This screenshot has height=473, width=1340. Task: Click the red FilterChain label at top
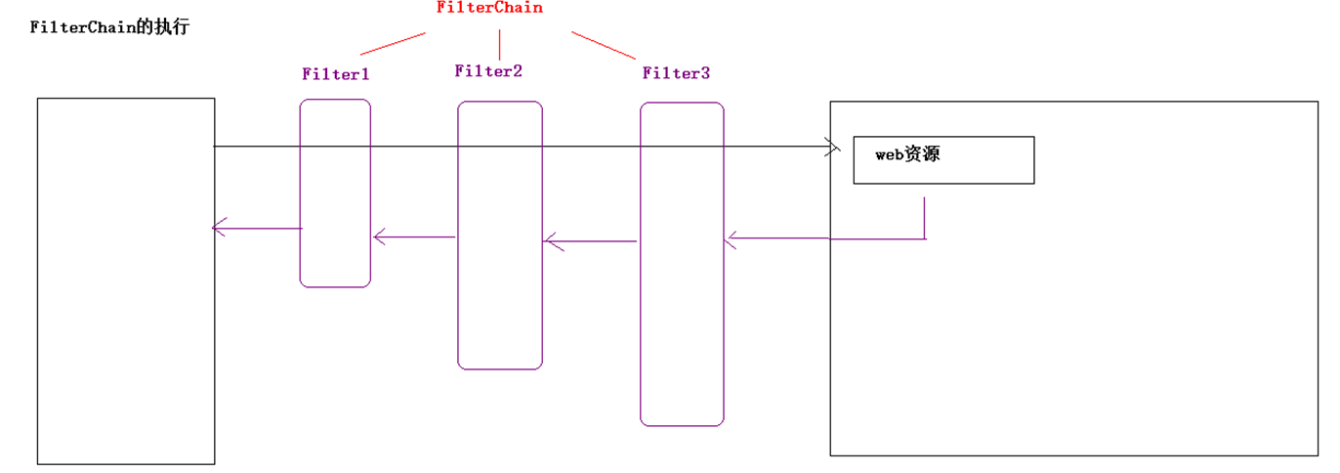click(x=488, y=8)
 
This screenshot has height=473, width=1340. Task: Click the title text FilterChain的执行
click(x=109, y=27)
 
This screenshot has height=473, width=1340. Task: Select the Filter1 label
click(x=336, y=73)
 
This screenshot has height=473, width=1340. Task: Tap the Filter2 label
click(x=488, y=70)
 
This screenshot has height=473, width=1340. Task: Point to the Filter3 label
click(x=676, y=72)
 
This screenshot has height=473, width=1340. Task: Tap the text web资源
click(x=907, y=154)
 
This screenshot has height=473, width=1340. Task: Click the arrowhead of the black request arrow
click(x=833, y=148)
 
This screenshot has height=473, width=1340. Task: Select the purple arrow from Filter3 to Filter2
click(x=591, y=240)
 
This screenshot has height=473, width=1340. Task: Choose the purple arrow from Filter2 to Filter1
click(x=415, y=236)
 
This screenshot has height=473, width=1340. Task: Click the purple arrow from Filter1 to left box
click(x=257, y=229)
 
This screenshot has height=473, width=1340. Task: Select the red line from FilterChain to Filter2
click(x=500, y=45)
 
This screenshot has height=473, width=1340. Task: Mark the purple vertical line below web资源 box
click(x=925, y=218)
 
